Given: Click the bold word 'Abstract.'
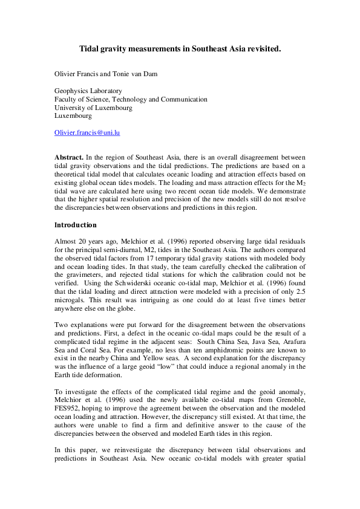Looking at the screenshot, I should tap(69, 157).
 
